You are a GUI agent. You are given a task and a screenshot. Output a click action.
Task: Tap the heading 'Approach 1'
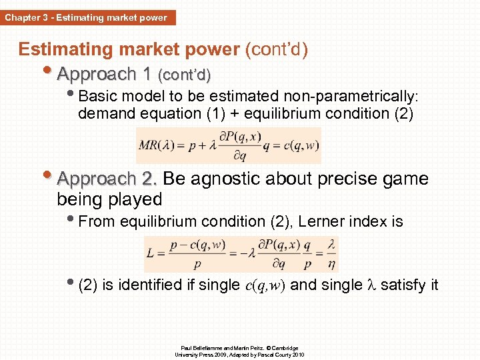point(105,73)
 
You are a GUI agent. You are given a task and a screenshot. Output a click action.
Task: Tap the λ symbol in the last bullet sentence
point(372,285)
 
